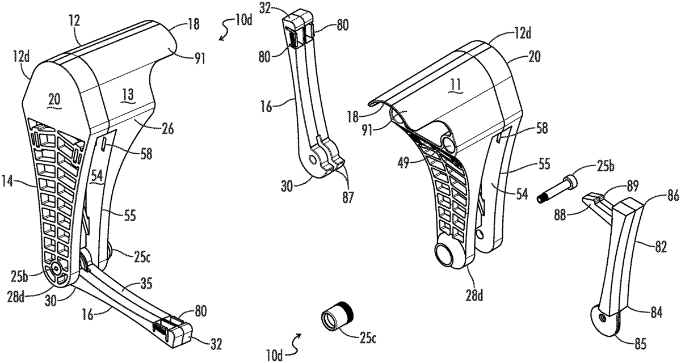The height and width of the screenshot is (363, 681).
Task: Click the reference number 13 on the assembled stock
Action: tap(128, 95)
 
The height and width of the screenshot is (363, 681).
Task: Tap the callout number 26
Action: tap(167, 129)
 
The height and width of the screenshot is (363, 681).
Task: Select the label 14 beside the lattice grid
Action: tap(9, 181)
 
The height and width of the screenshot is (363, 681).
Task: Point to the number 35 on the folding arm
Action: tap(146, 284)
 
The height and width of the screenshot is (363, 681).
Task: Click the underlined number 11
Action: tap(456, 85)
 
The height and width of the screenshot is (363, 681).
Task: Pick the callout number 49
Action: tap(403, 166)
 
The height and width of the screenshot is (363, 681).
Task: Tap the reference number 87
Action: tap(348, 197)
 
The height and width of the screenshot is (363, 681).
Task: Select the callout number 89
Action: tap(632, 186)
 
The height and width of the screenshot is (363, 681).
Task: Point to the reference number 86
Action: tap(673, 196)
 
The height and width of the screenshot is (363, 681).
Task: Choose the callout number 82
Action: tap(661, 247)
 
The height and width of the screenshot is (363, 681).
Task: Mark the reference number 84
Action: tap(657, 313)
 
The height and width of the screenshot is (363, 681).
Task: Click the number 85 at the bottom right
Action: tap(640, 344)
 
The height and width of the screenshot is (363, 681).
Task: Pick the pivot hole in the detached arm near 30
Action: tap(312, 159)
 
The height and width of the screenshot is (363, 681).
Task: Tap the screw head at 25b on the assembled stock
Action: tap(56, 268)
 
